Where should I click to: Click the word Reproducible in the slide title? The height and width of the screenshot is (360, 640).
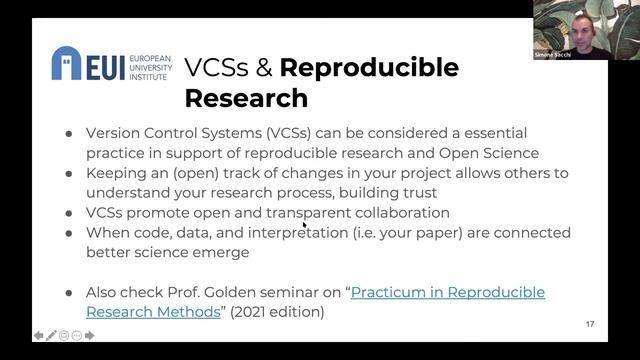[369, 68]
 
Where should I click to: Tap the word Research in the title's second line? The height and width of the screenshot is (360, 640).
[246, 98]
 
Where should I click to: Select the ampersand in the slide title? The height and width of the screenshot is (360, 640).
[261, 68]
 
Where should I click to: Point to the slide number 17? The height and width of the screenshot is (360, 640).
[590, 324]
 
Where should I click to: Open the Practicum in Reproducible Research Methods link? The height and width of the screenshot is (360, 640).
[315, 301]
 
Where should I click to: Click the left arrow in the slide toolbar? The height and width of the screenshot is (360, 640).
[38, 335]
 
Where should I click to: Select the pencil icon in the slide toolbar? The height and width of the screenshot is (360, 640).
[51, 335]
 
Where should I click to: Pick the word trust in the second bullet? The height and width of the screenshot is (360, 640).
[420, 192]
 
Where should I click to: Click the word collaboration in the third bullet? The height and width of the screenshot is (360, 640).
[399, 212]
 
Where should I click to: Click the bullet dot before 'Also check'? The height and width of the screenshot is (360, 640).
[68, 292]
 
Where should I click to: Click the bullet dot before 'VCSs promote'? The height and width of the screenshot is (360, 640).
[68, 212]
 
